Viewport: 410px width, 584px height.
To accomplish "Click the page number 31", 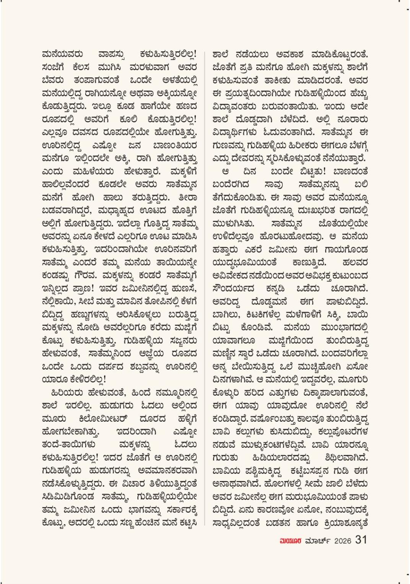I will click(361, 540).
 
